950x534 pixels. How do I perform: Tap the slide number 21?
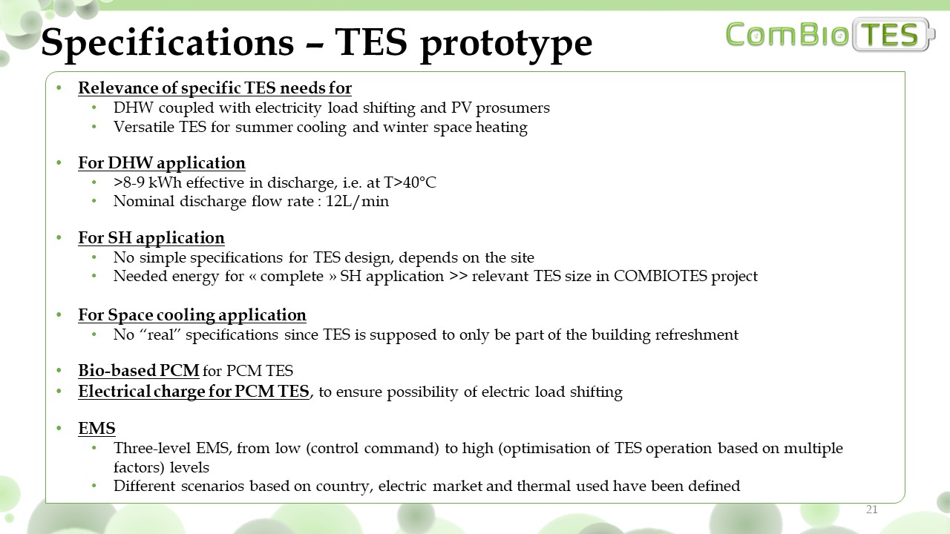click(871, 510)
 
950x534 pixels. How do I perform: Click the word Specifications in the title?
click(168, 44)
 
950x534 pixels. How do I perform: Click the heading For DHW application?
click(162, 162)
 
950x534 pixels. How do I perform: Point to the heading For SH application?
click(151, 238)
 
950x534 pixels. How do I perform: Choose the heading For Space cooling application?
click(192, 315)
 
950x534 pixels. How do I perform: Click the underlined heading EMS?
click(96, 428)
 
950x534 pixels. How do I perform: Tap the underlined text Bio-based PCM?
click(139, 370)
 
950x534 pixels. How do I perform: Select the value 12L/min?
click(357, 201)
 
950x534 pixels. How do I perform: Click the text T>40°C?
click(410, 182)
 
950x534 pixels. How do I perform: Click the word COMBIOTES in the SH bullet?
click(661, 276)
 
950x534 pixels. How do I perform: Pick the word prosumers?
click(513, 108)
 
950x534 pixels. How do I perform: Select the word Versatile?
click(143, 127)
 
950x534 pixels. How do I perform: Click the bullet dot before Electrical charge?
click(59, 391)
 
